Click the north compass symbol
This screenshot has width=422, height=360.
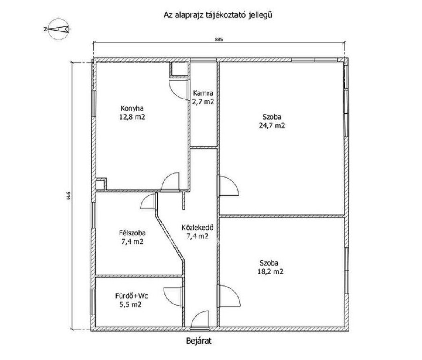coord(58,29)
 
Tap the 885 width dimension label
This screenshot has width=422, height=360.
coord(219,39)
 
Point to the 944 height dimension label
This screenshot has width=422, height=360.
coord(68,195)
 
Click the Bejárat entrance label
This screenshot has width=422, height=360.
coord(199,341)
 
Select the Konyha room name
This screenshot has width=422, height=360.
coord(132,108)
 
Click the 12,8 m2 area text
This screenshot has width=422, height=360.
coord(132,117)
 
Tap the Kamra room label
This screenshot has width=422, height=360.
coord(203,93)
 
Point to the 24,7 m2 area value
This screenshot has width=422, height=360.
coord(272,125)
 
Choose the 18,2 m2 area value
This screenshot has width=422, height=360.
coord(270,272)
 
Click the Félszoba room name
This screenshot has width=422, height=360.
coord(132,233)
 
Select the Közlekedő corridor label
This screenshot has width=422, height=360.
coord(197,228)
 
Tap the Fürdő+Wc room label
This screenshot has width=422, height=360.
coord(131,296)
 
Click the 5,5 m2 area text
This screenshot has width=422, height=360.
coord(131,305)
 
